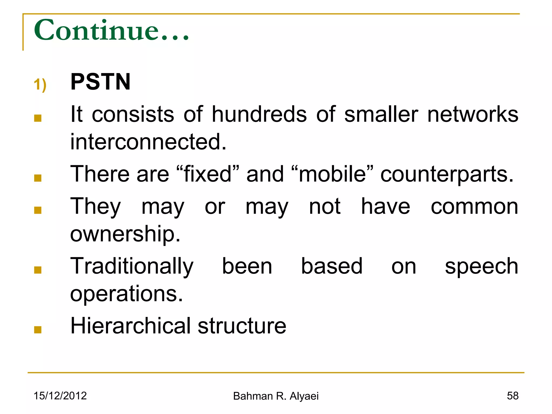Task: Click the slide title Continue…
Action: coord(112,30)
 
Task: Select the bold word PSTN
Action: coord(100,82)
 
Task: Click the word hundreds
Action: coord(259,114)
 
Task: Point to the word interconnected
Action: coord(148,142)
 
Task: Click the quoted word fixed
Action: coord(208,174)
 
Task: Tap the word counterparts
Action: coord(447,175)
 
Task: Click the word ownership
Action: coord(125,234)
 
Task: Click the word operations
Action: coord(126,294)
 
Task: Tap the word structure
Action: coord(242,326)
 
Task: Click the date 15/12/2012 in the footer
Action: coord(60,396)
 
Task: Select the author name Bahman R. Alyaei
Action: coord(276,396)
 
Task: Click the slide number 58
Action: coord(512,396)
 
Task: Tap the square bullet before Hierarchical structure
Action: coord(38,330)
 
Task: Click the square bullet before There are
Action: coord(38,178)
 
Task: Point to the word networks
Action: coord(473,114)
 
